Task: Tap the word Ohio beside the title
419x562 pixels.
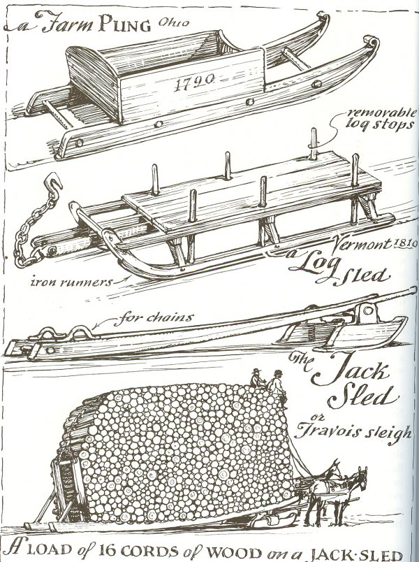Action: (x=173, y=23)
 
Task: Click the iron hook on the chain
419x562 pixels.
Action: (x=52, y=184)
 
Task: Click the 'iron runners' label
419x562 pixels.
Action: (x=72, y=282)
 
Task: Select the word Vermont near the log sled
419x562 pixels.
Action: (x=362, y=245)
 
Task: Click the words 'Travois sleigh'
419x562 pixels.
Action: (x=353, y=432)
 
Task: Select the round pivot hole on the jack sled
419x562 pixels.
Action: (x=368, y=310)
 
